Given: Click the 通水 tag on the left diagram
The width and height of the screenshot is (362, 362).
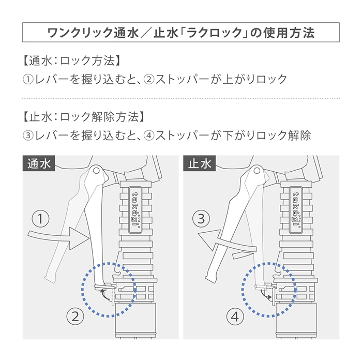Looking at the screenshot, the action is point(39,163).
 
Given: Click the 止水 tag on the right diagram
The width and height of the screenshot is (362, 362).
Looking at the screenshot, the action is point(200,163).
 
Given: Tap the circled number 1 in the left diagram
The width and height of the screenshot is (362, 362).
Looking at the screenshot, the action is point(40,218).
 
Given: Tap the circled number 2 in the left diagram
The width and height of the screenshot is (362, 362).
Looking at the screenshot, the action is point(76,316).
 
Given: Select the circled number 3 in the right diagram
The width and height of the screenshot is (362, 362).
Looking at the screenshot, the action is point(201,218).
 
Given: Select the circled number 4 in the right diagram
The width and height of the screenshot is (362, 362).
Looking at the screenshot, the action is point(235,316).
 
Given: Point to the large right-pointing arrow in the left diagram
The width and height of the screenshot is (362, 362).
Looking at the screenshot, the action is point(59,238).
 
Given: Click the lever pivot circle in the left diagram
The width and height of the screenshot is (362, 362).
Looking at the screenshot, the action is point(96,171).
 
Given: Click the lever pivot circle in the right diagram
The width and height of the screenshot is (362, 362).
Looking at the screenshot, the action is point(257,171).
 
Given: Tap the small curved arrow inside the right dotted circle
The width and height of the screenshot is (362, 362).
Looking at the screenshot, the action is point(266,295).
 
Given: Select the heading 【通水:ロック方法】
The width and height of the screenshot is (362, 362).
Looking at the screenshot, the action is point(71,61).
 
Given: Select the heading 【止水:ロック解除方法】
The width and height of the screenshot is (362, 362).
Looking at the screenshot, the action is point(84,116).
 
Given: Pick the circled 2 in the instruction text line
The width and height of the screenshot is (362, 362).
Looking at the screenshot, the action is point(149,80).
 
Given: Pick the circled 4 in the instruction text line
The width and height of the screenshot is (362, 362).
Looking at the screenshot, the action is point(149,135).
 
